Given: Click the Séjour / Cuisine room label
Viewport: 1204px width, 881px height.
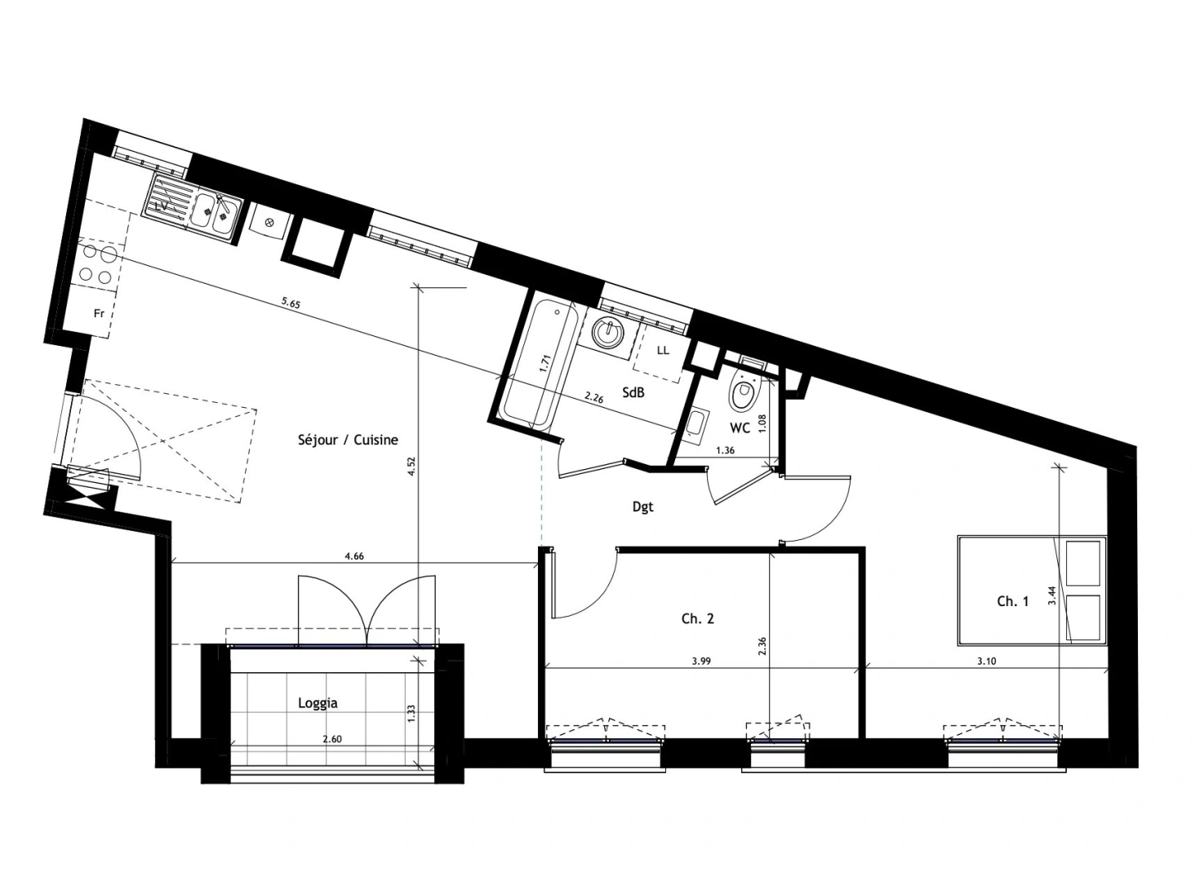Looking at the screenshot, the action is pyautogui.click(x=348, y=440).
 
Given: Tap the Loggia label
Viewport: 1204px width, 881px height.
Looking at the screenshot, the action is pyautogui.click(x=318, y=703).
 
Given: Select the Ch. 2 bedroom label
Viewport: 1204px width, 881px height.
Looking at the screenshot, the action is pyautogui.click(x=698, y=619).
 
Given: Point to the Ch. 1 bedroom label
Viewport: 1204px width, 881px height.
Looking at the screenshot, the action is pyautogui.click(x=1013, y=601).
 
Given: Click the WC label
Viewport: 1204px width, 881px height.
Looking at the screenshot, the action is pyautogui.click(x=740, y=428).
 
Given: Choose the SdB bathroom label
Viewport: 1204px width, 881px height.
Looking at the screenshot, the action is pyautogui.click(x=633, y=392).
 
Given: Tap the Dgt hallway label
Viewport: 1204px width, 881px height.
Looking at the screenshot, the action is pyautogui.click(x=643, y=507).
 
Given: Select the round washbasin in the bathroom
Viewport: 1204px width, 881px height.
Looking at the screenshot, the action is pyautogui.click(x=608, y=333).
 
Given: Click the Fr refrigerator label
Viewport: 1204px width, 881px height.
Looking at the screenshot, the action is pyautogui.click(x=99, y=313).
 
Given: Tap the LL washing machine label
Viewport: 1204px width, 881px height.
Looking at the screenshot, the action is pyautogui.click(x=664, y=350).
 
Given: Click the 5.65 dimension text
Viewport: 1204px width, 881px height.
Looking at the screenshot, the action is pyautogui.click(x=291, y=303).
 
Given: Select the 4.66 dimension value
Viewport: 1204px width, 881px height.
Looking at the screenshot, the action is pyautogui.click(x=354, y=556).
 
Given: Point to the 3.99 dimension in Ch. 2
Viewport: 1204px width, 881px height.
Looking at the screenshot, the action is pyautogui.click(x=701, y=662).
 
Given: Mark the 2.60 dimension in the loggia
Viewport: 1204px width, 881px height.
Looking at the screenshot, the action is pyautogui.click(x=332, y=738).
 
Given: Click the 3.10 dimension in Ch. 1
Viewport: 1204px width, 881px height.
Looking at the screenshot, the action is pyautogui.click(x=986, y=662).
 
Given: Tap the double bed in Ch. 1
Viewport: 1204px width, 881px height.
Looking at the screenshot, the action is pyautogui.click(x=1032, y=590).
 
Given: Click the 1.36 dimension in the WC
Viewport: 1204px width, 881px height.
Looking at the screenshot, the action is pyautogui.click(x=725, y=450).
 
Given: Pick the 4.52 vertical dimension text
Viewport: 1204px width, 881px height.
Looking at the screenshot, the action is pyautogui.click(x=411, y=467).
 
